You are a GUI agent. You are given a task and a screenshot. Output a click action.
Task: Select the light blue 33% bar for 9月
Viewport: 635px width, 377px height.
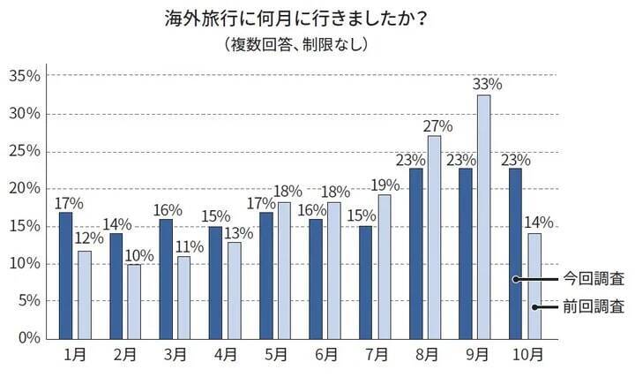click(x=483, y=216)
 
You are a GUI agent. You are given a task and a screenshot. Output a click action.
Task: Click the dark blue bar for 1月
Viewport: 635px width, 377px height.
click(x=65, y=275)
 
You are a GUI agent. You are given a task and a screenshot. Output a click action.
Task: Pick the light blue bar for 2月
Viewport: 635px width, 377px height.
click(x=134, y=301)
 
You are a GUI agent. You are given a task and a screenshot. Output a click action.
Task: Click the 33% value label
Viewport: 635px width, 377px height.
click(x=486, y=85)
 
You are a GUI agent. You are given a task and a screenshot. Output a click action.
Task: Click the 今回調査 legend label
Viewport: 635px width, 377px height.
click(x=594, y=279)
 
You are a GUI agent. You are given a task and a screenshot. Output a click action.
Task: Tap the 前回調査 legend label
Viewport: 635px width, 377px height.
click(x=594, y=307)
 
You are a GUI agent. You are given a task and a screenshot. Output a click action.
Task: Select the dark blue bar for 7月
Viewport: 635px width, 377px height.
click(x=365, y=282)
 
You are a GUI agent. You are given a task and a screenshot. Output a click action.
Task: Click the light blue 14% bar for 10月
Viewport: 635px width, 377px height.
click(x=534, y=285)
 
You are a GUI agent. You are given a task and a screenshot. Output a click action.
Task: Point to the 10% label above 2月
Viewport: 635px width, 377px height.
click(x=138, y=256)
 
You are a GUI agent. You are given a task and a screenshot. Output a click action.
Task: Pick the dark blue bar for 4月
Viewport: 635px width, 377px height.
click(x=215, y=282)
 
